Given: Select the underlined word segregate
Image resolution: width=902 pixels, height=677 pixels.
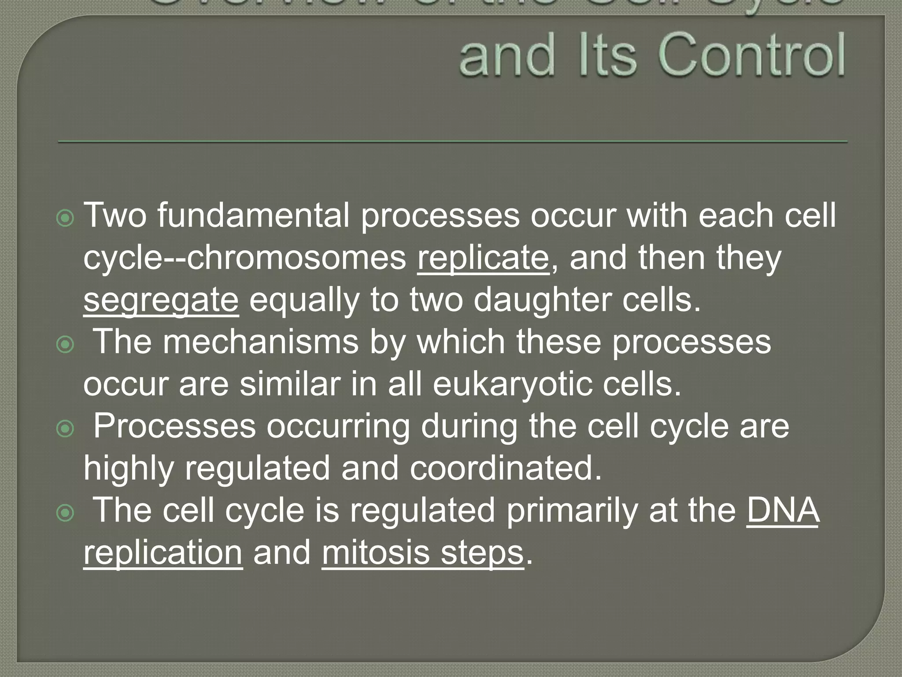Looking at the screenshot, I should pyautogui.click(x=161, y=301).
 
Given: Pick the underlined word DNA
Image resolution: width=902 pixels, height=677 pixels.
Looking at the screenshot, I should pyautogui.click(x=783, y=510).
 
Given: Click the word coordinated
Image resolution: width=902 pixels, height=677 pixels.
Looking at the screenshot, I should pyautogui.click(x=506, y=468).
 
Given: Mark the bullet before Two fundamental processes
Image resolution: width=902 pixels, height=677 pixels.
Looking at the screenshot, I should pyautogui.click(x=66, y=218).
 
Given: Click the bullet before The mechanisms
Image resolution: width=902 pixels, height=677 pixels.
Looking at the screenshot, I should pyautogui.click(x=66, y=344).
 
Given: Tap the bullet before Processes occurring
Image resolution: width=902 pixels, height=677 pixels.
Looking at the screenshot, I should pyautogui.click(x=66, y=428).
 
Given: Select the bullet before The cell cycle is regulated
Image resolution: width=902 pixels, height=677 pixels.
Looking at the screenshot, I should pyautogui.click(x=66, y=513).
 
